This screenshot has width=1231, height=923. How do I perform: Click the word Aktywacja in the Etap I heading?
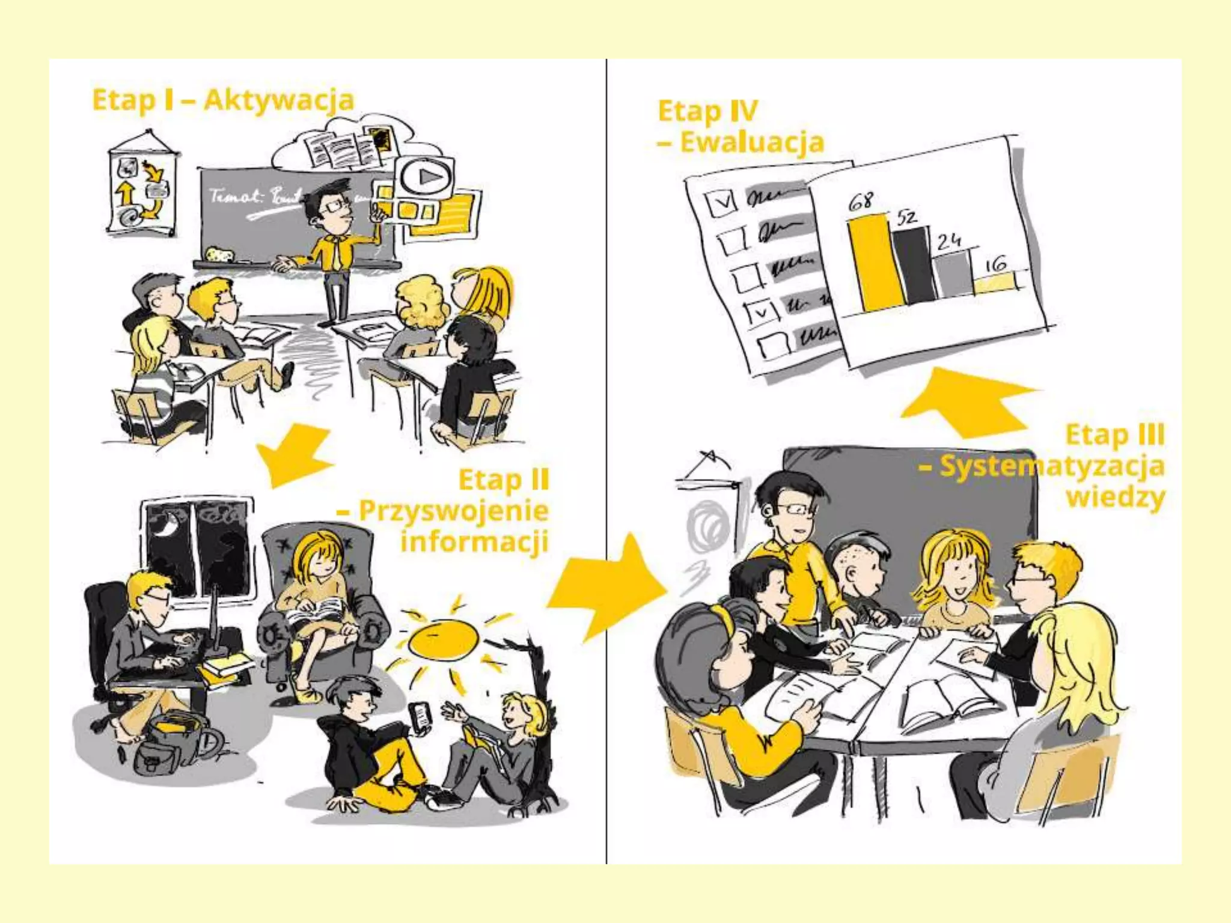pos(279,100)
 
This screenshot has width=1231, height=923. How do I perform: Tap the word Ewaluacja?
pos(751,143)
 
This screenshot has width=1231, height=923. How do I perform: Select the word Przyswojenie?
pos(453,511)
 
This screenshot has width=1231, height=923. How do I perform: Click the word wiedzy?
pos(1115,498)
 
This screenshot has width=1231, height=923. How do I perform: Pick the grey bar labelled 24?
pos(952,275)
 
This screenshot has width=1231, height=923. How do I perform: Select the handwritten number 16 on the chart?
pos(995,263)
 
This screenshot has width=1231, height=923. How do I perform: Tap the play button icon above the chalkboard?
pos(426,177)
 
